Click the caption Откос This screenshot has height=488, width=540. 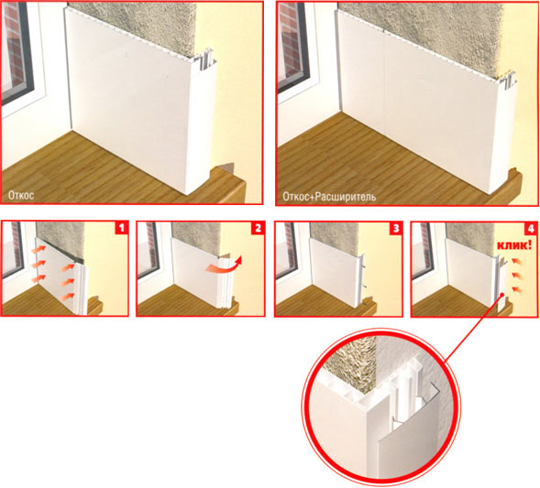coord(21,195)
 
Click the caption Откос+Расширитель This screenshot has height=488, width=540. coord(329,196)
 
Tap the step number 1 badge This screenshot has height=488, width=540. coord(121,228)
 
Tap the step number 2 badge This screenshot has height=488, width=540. coord(258,228)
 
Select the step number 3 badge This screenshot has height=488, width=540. coord(395,228)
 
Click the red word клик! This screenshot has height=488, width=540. coord(513,245)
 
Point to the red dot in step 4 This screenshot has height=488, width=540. coord(503,295)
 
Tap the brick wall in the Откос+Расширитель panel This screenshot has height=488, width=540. coord(289,41)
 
